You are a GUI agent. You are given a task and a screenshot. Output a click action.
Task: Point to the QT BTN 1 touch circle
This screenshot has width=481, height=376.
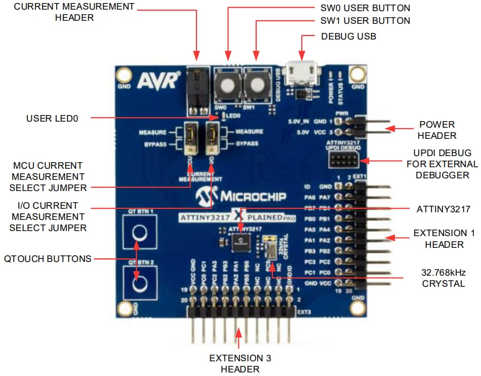pyautogui.click(x=139, y=233)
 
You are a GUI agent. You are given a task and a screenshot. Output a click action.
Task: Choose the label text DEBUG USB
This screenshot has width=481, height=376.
pyautogui.click(x=348, y=36)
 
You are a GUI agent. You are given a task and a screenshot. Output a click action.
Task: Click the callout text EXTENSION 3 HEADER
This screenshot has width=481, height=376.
pyautogui.click(x=240, y=363)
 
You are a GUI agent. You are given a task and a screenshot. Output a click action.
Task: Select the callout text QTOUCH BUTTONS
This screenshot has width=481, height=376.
pyautogui.click(x=48, y=258)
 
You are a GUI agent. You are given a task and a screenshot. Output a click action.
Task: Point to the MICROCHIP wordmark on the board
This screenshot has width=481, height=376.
pyautogui.click(x=241, y=196)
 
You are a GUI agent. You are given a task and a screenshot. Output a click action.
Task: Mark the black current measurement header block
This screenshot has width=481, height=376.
pyautogui.click(x=197, y=90)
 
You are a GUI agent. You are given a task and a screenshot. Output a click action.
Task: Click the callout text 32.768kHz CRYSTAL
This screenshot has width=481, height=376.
pyautogui.click(x=444, y=278)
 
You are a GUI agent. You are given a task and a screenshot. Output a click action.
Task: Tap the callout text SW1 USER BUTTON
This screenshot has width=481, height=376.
pyautogui.click(x=366, y=21)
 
